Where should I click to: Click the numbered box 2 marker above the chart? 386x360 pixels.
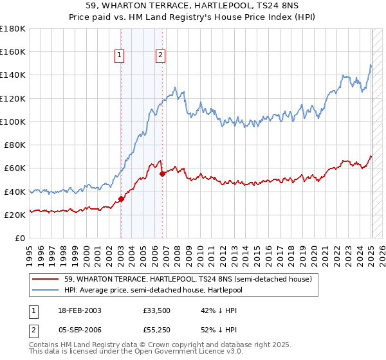tap(160, 56)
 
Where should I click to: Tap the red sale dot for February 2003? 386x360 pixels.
tap(121, 199)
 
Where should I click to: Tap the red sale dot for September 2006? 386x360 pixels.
tap(162, 173)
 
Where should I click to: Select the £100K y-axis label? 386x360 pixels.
tap(13, 122)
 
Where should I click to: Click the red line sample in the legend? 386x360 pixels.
tap(46, 279)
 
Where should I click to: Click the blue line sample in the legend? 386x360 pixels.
tap(46, 290)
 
